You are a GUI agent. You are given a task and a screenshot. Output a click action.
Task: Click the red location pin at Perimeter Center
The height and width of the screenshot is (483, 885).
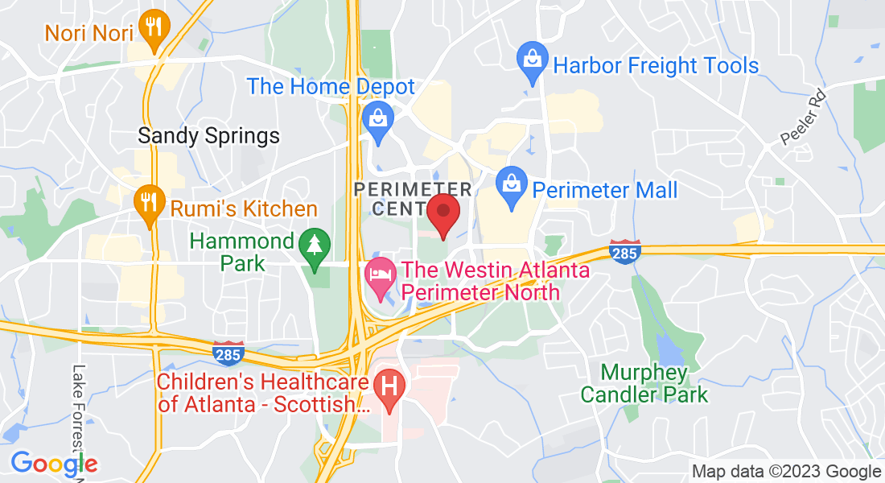442,212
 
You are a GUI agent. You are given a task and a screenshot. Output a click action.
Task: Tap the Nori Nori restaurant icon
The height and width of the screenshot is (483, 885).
150,27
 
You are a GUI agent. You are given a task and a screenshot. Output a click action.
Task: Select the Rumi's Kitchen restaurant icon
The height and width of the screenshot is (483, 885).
147,201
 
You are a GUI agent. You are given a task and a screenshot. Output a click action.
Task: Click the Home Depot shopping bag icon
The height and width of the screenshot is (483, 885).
377,119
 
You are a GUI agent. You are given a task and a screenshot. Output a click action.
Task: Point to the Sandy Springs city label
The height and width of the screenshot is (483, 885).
209,135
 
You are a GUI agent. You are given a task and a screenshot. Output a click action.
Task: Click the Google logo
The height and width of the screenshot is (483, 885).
54,463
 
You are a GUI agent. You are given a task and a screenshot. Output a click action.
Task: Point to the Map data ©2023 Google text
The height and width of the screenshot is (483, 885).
786,472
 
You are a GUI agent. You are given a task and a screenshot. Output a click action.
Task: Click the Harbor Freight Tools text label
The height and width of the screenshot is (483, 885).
656,65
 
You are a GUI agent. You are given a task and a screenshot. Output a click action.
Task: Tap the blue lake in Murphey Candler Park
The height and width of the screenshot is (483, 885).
669,349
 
